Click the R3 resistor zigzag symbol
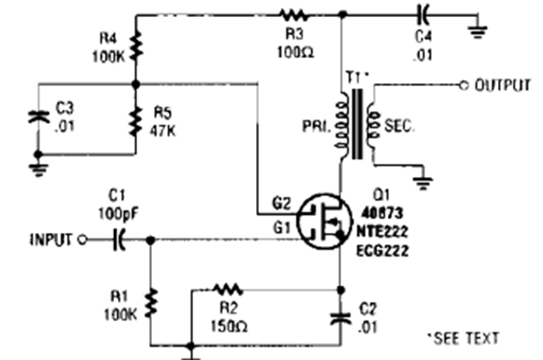click(295, 13)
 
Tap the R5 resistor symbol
click(135, 119)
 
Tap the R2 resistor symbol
click(228, 289)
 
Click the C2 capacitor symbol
click(340, 317)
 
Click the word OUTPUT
click(503, 85)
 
